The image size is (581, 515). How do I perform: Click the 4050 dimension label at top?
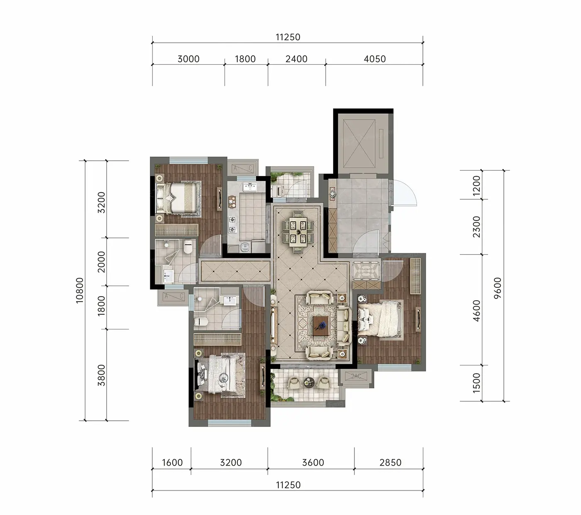tap(374, 59)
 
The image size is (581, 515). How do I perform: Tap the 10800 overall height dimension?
tap(79, 290)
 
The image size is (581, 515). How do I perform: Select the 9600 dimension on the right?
tap(498, 288)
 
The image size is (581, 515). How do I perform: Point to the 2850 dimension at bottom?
tap(390, 463)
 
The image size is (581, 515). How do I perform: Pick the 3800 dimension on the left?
tap(102, 375)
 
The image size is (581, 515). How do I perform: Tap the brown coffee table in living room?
tap(321, 326)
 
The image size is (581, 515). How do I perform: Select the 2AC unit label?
tap(356, 376)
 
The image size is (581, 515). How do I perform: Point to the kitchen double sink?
tap(249, 187)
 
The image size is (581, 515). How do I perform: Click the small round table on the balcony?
tap(309, 382)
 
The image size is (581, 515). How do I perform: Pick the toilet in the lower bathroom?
tap(201, 322)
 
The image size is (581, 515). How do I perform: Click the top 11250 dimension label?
tap(288, 37)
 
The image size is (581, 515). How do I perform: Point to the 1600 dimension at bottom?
tap(172, 463)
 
